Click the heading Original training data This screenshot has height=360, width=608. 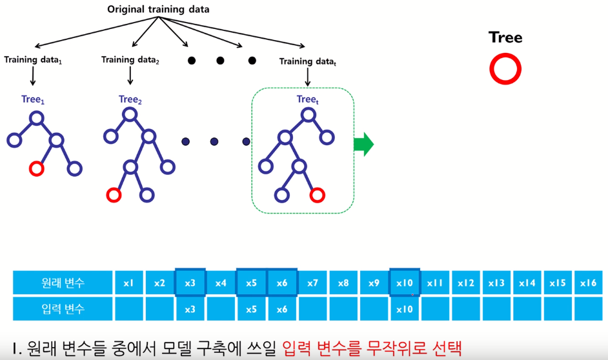[x=158, y=10]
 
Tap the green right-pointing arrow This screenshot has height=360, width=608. [x=363, y=145]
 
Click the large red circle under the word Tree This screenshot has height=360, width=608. [x=505, y=70]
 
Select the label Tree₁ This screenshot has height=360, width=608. [x=33, y=100]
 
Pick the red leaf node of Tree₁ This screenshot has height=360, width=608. [x=37, y=169]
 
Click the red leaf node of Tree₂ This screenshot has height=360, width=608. [x=114, y=194]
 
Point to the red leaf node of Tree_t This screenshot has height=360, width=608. [x=316, y=194]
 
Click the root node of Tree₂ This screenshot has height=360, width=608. [x=130, y=115]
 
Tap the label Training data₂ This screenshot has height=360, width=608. [x=130, y=60]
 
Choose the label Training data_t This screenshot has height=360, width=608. [x=308, y=62]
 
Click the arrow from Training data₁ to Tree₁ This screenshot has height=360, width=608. [x=33, y=77]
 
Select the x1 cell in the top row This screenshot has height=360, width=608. [x=128, y=283]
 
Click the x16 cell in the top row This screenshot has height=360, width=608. [x=588, y=283]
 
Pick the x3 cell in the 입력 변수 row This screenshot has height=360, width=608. [x=190, y=309]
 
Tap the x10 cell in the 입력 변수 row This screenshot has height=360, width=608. [x=405, y=309]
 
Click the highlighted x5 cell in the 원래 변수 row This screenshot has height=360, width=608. [x=251, y=283]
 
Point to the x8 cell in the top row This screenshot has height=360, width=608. [x=343, y=283]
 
